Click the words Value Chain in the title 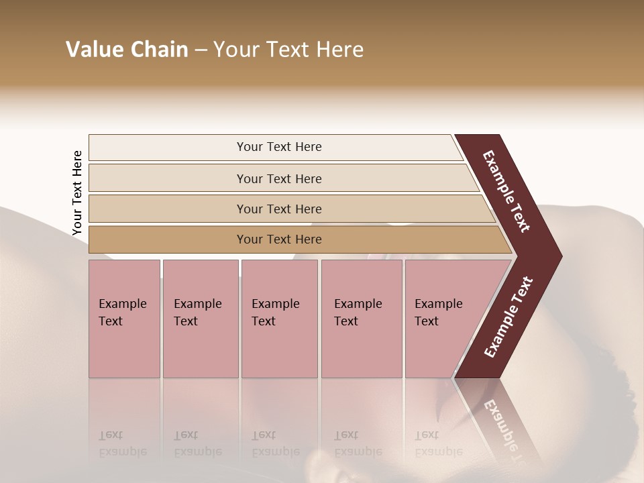coord(127,50)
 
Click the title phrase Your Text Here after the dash coord(288,50)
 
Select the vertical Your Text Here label coord(77,193)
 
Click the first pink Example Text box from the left coord(124,318)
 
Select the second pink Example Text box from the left coord(200,318)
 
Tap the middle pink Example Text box coord(279,318)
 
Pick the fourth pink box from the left coord(361,318)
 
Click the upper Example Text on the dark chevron coord(506,191)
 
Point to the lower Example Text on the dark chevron coord(508,317)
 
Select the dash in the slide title coord(201,50)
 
